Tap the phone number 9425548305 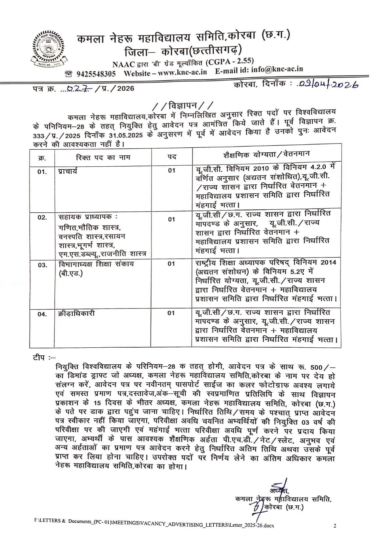pos(96,73)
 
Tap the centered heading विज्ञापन pos(181,106)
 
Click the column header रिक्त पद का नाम pos(103,157)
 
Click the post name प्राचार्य pos(67,171)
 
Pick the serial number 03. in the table pos(42,265)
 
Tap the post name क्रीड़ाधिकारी pos(76,314)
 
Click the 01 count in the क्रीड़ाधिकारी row pos(171,313)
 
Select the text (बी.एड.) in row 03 pos(70,273)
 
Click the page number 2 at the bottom pos(335,526)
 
